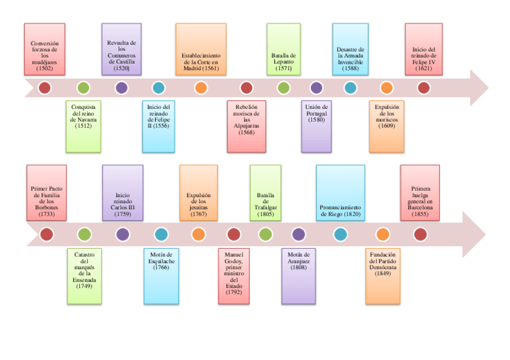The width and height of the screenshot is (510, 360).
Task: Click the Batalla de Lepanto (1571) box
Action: pos(283,49)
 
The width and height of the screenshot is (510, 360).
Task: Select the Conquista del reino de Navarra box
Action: pos(84,126)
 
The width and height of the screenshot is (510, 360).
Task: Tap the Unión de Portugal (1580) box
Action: pos(316,126)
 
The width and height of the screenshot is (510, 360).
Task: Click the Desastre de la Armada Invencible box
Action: pos(350,49)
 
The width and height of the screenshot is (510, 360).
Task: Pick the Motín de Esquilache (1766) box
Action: pos(161,276)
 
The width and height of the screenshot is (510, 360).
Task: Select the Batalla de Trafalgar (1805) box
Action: pos(265,192)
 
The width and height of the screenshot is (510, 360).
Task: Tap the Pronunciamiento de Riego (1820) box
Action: pos(340,192)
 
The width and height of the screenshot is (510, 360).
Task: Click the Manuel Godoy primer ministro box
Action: pos(234,276)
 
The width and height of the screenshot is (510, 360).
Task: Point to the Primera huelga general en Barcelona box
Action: pos(420,192)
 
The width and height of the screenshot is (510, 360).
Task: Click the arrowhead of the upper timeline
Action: pos(478,88)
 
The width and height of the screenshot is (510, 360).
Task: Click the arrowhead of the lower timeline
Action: pos(475,234)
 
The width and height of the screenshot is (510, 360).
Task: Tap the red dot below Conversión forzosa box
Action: pos(45,88)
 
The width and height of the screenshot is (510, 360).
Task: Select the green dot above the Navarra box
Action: pos(84,88)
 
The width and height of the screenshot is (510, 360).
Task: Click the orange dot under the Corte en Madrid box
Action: pos(201,88)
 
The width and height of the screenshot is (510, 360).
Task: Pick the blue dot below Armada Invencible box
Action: pos(350,88)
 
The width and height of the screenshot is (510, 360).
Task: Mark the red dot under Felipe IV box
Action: pos(423,88)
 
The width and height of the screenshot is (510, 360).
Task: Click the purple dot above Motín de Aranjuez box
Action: pos(298,234)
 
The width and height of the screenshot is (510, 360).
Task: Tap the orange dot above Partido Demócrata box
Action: pos(382,234)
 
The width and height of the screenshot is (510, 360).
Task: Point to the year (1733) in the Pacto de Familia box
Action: pos(46,213)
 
